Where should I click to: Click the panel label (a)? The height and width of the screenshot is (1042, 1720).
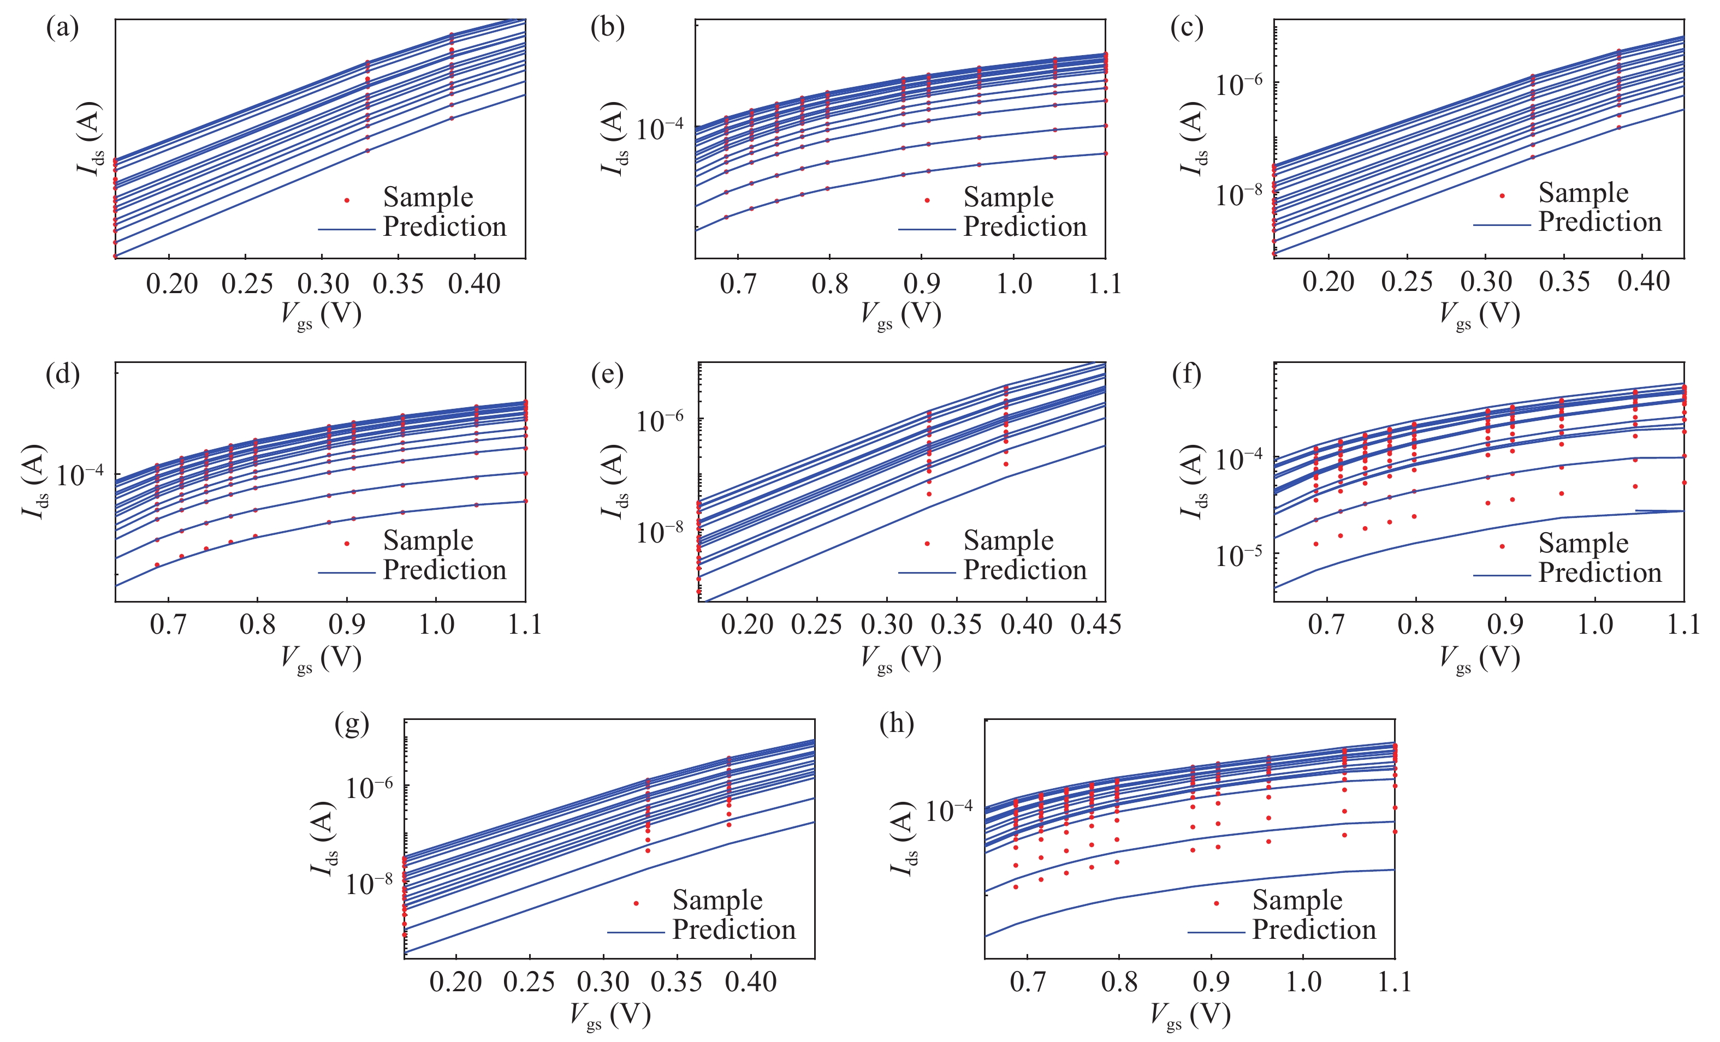pyautogui.click(x=62, y=28)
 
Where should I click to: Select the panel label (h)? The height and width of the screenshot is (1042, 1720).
pyautogui.click(x=897, y=724)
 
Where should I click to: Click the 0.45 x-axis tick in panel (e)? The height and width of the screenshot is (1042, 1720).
pyautogui.click(x=1096, y=624)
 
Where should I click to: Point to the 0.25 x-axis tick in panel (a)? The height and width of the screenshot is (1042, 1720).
pyautogui.click(x=247, y=284)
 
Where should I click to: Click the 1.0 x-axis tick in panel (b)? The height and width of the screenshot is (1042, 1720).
pyautogui.click(x=1013, y=284)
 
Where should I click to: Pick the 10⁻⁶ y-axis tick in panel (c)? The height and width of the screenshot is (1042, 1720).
pyautogui.click(x=1238, y=85)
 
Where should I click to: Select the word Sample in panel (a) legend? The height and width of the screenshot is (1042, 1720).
pyautogui.click(x=428, y=198)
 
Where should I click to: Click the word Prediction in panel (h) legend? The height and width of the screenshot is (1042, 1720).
pyautogui.click(x=1314, y=930)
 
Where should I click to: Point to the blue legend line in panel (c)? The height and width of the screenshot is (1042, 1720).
pyautogui.click(x=1501, y=225)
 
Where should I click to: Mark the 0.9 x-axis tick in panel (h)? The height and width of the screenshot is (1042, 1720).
pyautogui.click(x=1211, y=982)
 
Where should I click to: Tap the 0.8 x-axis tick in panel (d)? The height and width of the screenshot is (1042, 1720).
pyautogui.click(x=258, y=624)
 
